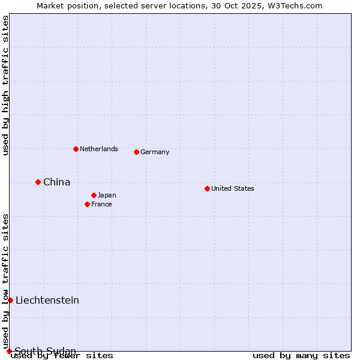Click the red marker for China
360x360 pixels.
click(38, 182)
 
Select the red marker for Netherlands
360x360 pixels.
click(76, 149)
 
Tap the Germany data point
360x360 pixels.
click(136, 152)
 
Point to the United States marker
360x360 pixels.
click(207, 188)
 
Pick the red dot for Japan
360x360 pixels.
click(94, 195)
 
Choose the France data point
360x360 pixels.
click(87, 204)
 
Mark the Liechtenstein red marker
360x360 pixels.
click(10, 300)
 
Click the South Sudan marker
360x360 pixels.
click(9, 351)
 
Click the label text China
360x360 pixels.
click(56, 182)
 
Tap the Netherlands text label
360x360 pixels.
click(98, 149)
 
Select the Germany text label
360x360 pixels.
click(155, 152)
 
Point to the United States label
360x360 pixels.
click(232, 188)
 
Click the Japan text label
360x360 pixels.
click(107, 195)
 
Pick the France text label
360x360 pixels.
click(101, 204)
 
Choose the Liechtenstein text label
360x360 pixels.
click(47, 300)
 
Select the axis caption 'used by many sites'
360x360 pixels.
click(301, 355)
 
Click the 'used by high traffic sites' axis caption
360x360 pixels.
click(6, 85)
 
